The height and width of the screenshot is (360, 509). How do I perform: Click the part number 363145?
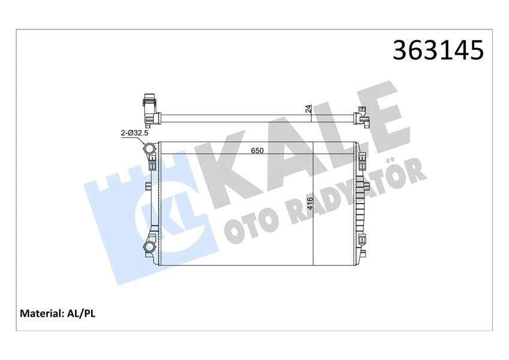(x=438, y=50)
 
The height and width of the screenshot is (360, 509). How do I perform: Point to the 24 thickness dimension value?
(x=308, y=109)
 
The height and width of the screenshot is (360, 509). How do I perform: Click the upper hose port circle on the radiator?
(x=149, y=148)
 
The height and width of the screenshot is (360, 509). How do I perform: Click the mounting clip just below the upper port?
(x=152, y=163)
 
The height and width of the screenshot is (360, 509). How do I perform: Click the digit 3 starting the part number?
(x=400, y=50)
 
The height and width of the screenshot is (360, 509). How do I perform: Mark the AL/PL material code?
(x=83, y=313)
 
